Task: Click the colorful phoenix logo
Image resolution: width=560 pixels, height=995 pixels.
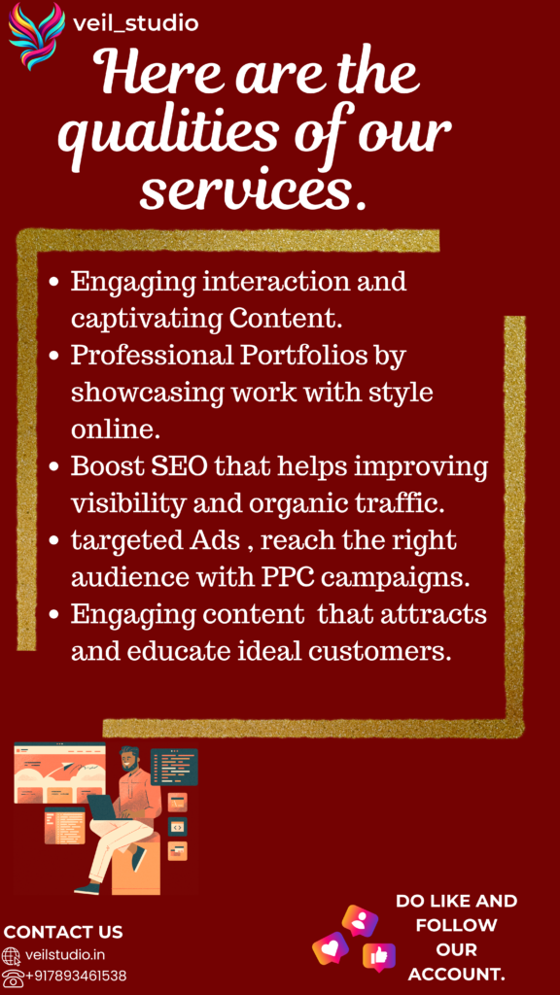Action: click(36, 36)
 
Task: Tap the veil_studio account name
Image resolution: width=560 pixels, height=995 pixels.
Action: click(136, 24)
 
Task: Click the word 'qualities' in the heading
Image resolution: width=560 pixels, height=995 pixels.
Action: click(167, 129)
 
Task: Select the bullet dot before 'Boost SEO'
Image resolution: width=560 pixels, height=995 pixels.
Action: click(54, 468)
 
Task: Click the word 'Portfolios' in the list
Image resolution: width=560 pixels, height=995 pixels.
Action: click(302, 356)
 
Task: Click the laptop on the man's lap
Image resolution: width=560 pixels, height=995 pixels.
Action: click(102, 808)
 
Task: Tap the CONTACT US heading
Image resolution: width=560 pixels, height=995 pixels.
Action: click(63, 932)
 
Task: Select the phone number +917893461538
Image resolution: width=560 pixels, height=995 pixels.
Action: click(76, 976)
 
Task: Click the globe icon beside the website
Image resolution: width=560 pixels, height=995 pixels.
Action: click(12, 956)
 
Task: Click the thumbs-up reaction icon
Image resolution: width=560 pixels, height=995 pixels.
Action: click(379, 957)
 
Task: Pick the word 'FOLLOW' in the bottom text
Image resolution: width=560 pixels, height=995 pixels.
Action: click(456, 925)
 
